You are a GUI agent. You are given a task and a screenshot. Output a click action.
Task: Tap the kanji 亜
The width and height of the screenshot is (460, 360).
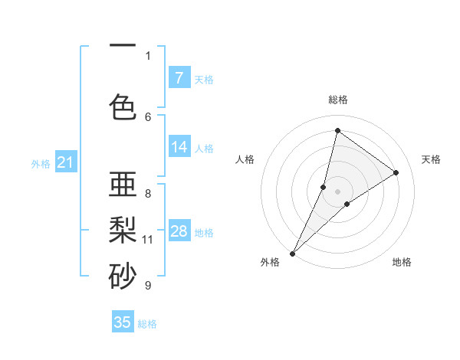pyautogui.click(x=123, y=185)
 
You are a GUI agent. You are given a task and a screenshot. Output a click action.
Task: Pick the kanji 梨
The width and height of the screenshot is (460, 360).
pyautogui.click(x=123, y=228)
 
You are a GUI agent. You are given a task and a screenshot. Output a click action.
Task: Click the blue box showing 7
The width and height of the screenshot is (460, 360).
pyautogui.click(x=179, y=77)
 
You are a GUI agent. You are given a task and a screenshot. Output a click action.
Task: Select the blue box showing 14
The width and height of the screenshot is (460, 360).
pyautogui.click(x=179, y=147)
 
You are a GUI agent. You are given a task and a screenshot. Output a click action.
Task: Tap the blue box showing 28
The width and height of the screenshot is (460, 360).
pyautogui.click(x=179, y=231)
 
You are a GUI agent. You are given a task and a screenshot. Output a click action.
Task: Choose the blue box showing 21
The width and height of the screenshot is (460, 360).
pyautogui.click(x=65, y=162)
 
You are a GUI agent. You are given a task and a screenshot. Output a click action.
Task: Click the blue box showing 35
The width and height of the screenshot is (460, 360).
pyautogui.click(x=123, y=322)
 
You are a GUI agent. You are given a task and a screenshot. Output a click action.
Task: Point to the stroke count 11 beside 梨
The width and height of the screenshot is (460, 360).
pyautogui.click(x=148, y=240)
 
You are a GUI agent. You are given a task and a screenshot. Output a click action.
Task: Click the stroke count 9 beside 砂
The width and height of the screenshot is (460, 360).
pyautogui.click(x=148, y=286)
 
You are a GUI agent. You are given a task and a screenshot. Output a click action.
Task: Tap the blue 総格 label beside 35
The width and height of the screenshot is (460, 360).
pyautogui.click(x=147, y=324)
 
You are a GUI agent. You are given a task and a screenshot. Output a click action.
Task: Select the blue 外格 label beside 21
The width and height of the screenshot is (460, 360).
pyautogui.click(x=41, y=163)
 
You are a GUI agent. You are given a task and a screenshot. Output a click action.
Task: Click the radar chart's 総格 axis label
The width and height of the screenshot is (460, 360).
pyautogui.click(x=337, y=100)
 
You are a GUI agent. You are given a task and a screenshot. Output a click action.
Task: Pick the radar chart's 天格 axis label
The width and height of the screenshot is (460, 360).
pyautogui.click(x=432, y=159)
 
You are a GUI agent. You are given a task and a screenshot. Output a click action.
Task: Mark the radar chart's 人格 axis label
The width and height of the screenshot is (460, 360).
pyautogui.click(x=245, y=159)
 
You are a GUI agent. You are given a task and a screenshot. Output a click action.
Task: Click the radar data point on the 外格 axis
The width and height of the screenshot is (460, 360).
pyautogui.click(x=292, y=253)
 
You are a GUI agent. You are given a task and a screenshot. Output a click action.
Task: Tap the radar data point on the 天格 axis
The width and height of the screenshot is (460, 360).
pyautogui.click(x=396, y=172)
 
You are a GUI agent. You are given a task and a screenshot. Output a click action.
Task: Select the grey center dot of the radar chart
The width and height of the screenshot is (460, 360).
pyautogui.click(x=337, y=191)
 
